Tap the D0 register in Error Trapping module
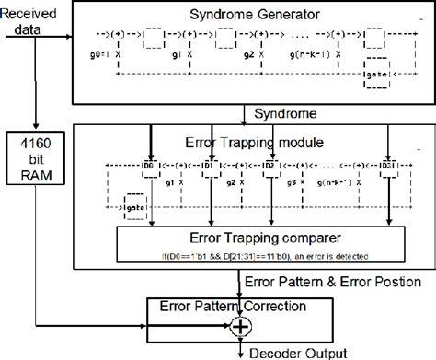click(x=151, y=166)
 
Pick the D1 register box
click(x=209, y=166)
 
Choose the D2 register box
click(x=269, y=166)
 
